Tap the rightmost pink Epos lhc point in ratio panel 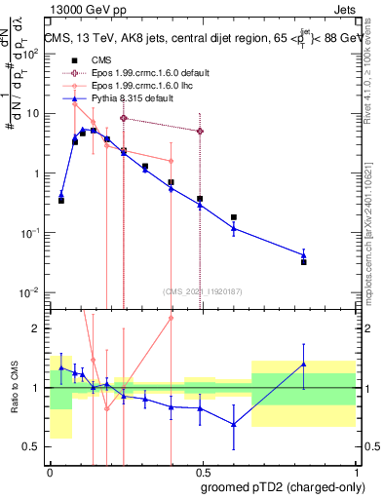tap(171, 318)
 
